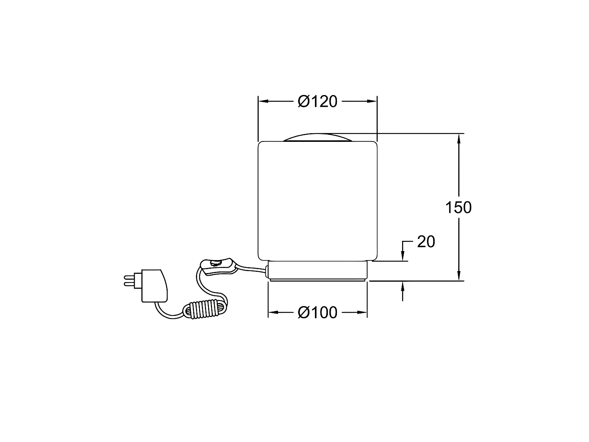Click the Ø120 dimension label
pyautogui.click(x=317, y=101)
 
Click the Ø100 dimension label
pyautogui.click(x=317, y=312)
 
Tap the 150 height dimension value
pyautogui.click(x=458, y=207)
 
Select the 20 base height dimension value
pyautogui.click(x=426, y=242)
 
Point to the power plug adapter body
pyautogui.click(x=154, y=286)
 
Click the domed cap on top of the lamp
pyautogui.click(x=318, y=137)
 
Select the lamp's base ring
pyautogui.click(x=318, y=271)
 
